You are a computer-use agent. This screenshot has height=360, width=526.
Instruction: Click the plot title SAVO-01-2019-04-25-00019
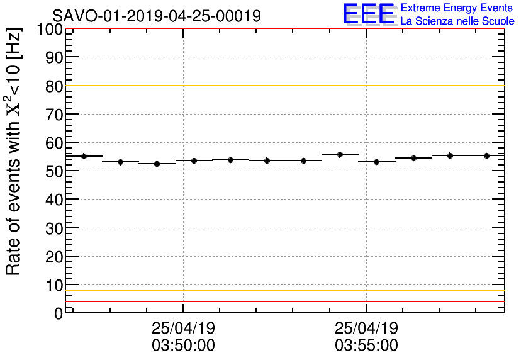pos(157,16)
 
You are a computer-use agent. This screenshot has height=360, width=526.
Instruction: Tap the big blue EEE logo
pos(369,14)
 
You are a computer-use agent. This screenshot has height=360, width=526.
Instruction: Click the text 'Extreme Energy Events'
pos(457,8)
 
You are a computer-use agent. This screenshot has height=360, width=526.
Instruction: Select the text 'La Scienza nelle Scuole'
pos(457,21)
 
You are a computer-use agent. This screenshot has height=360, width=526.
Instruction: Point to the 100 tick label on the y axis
pos(48,29)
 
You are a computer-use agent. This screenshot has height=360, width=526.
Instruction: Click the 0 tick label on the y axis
pos(58,313)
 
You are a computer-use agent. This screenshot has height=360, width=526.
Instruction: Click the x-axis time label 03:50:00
pos(183,346)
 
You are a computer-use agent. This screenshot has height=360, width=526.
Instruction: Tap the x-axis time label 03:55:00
pos(366,346)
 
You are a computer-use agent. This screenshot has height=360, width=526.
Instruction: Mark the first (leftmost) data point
pos(84,156)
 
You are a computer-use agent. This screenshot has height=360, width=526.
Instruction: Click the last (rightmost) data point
pos(486,155)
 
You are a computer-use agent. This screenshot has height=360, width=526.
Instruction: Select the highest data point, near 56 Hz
pos(340,154)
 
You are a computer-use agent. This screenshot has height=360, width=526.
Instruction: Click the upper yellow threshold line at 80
pos(283,86)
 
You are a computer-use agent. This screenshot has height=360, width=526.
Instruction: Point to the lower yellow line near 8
pos(283,290)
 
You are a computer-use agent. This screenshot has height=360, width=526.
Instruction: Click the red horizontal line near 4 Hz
pos(283,301)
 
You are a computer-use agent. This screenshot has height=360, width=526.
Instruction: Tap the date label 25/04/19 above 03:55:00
pos(366,329)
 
